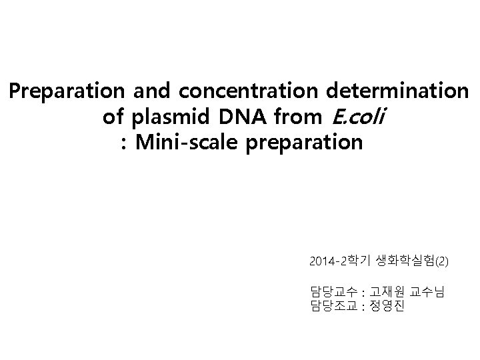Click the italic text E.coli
tap(358, 117)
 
